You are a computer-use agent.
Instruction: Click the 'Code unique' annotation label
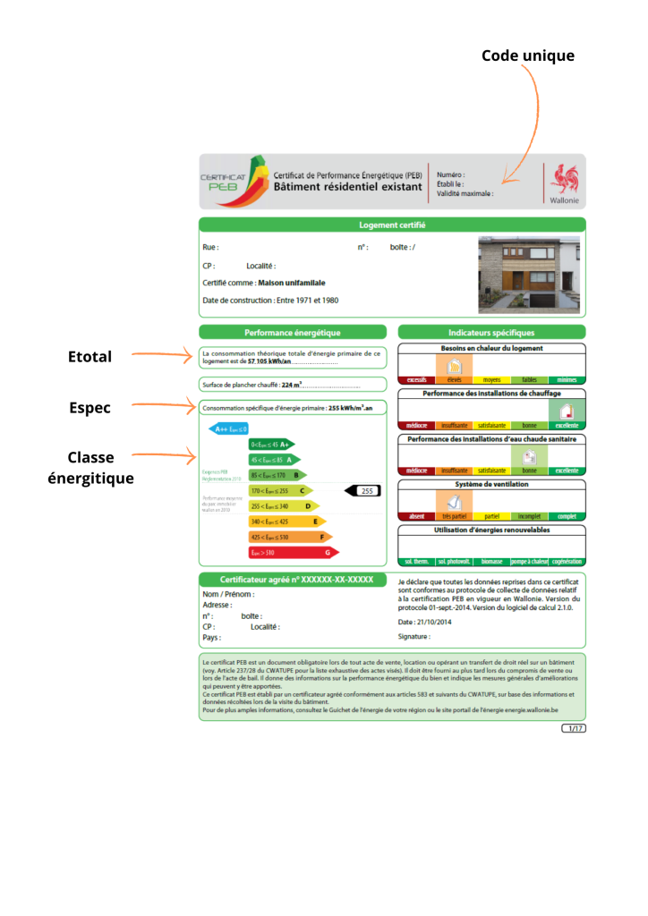(x=527, y=55)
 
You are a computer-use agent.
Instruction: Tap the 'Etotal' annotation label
(x=90, y=357)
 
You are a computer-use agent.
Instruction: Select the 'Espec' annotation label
(x=90, y=408)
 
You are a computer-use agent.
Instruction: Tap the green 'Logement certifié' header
(x=392, y=225)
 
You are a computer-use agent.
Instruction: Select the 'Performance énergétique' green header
(x=293, y=333)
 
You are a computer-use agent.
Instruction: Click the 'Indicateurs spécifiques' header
(x=491, y=333)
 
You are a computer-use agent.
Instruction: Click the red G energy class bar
(x=293, y=553)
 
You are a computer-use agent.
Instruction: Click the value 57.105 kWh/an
(x=269, y=362)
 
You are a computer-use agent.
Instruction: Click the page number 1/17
(x=573, y=728)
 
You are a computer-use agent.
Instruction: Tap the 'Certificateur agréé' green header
(x=296, y=580)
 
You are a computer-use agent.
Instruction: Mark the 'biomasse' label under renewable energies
(x=491, y=562)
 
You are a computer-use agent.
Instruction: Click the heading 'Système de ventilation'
(x=491, y=484)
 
